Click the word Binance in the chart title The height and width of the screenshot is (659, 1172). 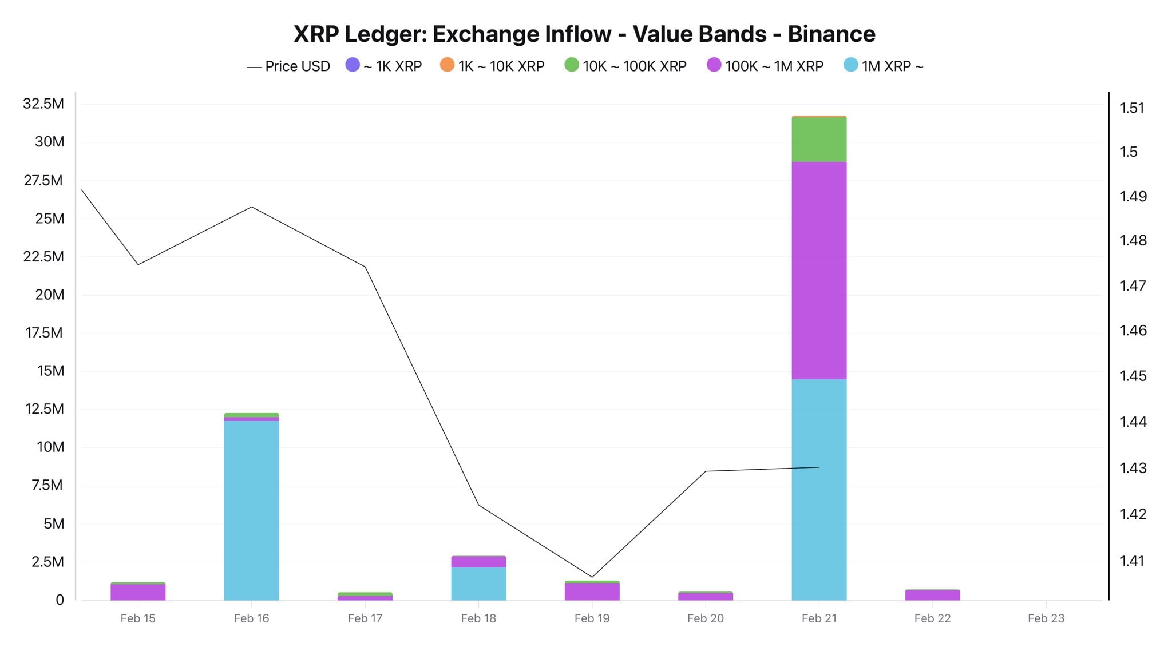pyautogui.click(x=831, y=34)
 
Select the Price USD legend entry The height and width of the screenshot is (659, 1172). pyautogui.click(x=289, y=66)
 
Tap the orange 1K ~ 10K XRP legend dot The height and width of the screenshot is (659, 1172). pyautogui.click(x=447, y=65)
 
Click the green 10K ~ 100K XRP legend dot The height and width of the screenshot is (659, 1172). pyautogui.click(x=572, y=65)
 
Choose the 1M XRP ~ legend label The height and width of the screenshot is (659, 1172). pyautogui.click(x=892, y=66)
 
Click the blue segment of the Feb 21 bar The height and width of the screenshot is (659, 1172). pyautogui.click(x=819, y=489)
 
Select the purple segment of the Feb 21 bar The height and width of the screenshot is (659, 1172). pyautogui.click(x=819, y=270)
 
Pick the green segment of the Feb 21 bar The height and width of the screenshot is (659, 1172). pyautogui.click(x=819, y=140)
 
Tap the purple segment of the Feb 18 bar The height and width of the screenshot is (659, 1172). pyautogui.click(x=478, y=562)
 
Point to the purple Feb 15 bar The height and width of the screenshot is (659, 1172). pyautogui.click(x=138, y=592)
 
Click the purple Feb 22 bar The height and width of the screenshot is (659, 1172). pyautogui.click(x=932, y=595)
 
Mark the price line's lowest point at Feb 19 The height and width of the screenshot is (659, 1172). pyautogui.click(x=592, y=577)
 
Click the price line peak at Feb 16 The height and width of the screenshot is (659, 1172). pyautogui.click(x=252, y=207)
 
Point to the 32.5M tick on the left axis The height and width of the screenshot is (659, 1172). pyautogui.click(x=43, y=104)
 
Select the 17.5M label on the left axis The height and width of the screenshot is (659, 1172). pyautogui.click(x=44, y=332)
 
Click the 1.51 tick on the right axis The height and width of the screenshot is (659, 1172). pyautogui.click(x=1132, y=108)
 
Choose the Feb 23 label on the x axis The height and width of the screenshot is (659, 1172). pyautogui.click(x=1046, y=618)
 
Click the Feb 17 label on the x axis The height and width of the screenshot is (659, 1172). pyautogui.click(x=365, y=618)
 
